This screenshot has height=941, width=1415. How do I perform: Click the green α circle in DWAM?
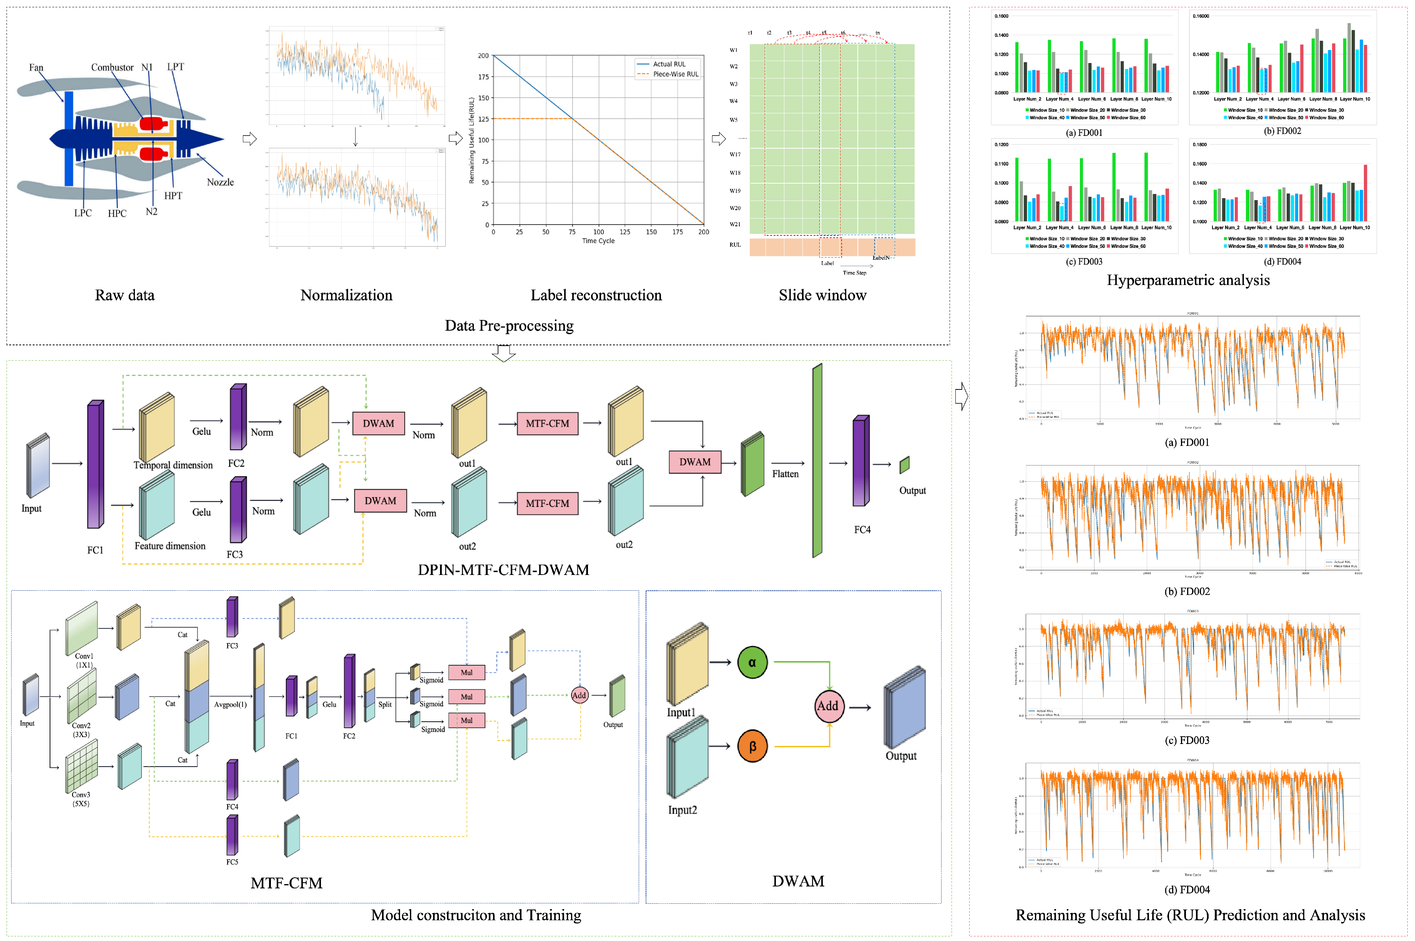pyautogui.click(x=752, y=663)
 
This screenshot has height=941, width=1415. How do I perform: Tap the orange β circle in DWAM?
pyautogui.click(x=752, y=746)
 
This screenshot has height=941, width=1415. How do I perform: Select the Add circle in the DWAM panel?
pyautogui.click(x=827, y=706)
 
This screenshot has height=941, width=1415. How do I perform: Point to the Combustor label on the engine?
pyautogui.click(x=112, y=67)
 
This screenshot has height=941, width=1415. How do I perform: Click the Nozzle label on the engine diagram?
pyautogui.click(x=220, y=182)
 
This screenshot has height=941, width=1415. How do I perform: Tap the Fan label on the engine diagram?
pyautogui.click(x=36, y=67)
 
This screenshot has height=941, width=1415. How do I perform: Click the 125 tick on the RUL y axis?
pyautogui.click(x=483, y=119)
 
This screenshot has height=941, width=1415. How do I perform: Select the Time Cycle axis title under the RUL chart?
pyautogui.click(x=598, y=241)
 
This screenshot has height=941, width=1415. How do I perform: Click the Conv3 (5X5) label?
pyautogui.click(x=81, y=799)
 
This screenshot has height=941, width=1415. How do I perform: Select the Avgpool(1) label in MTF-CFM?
pyautogui.click(x=231, y=704)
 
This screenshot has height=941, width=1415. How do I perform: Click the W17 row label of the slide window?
pyautogui.click(x=735, y=154)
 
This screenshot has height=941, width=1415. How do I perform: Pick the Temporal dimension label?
pyautogui.click(x=173, y=465)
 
